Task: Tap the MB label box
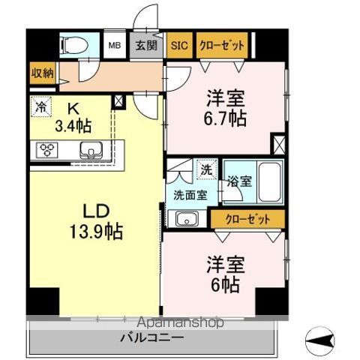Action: click(115, 46)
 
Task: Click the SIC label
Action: click(178, 46)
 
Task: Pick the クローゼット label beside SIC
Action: click(221, 46)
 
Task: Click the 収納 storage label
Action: click(42, 73)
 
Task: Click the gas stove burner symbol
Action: click(46, 151)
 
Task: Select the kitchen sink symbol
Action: click(91, 151)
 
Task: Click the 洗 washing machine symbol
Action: click(205, 170)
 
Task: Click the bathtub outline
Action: click(268, 182)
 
